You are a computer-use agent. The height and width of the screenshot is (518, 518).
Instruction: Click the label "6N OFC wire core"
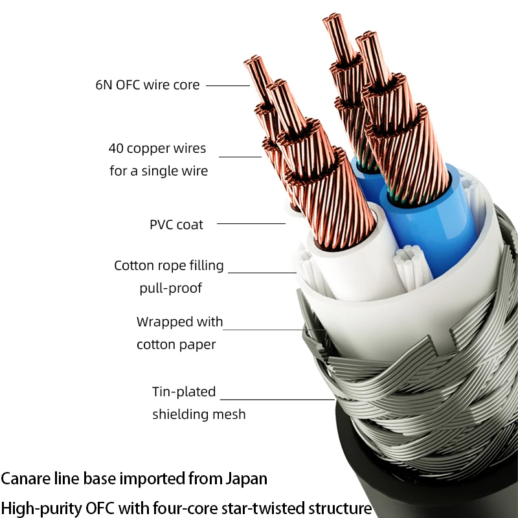point(148,85)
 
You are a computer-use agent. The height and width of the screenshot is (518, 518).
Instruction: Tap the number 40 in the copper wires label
point(116,148)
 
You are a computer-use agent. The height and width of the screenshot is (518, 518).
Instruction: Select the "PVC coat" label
point(176,225)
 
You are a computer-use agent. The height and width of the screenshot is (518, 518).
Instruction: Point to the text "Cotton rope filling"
point(169,265)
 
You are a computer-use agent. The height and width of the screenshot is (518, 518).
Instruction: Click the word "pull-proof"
point(170,288)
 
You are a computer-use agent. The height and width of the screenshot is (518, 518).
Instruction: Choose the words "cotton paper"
point(176,344)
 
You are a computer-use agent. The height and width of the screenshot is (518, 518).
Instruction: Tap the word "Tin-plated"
point(184,392)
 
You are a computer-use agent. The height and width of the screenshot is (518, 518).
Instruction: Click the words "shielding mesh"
point(199,414)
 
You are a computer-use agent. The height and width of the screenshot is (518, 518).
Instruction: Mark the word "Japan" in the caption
point(247,479)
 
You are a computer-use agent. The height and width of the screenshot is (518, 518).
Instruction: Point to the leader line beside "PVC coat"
point(251,223)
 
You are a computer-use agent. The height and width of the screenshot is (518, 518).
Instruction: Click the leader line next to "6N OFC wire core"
point(228,85)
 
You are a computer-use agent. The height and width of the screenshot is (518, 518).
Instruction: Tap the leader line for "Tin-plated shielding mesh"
point(277,400)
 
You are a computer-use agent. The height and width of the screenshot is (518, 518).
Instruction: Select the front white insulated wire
point(357,261)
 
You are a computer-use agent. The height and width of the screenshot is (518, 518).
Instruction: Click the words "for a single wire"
point(159,171)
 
